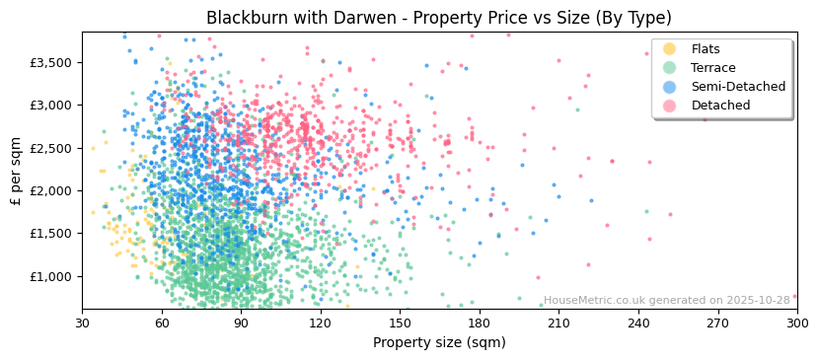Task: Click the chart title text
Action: (438, 18)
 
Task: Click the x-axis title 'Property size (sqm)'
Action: (438, 343)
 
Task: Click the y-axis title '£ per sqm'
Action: (16, 172)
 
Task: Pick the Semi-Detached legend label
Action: (738, 87)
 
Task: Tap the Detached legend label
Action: (720, 106)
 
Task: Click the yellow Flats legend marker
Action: (670, 49)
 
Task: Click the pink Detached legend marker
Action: (670, 106)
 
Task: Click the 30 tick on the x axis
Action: (82, 323)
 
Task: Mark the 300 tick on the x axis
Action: (796, 323)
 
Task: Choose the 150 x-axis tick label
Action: (400, 323)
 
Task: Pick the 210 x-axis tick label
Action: (558, 323)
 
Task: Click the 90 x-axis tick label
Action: (241, 323)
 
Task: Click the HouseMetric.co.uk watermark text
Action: (667, 301)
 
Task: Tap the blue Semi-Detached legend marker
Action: (670, 87)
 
